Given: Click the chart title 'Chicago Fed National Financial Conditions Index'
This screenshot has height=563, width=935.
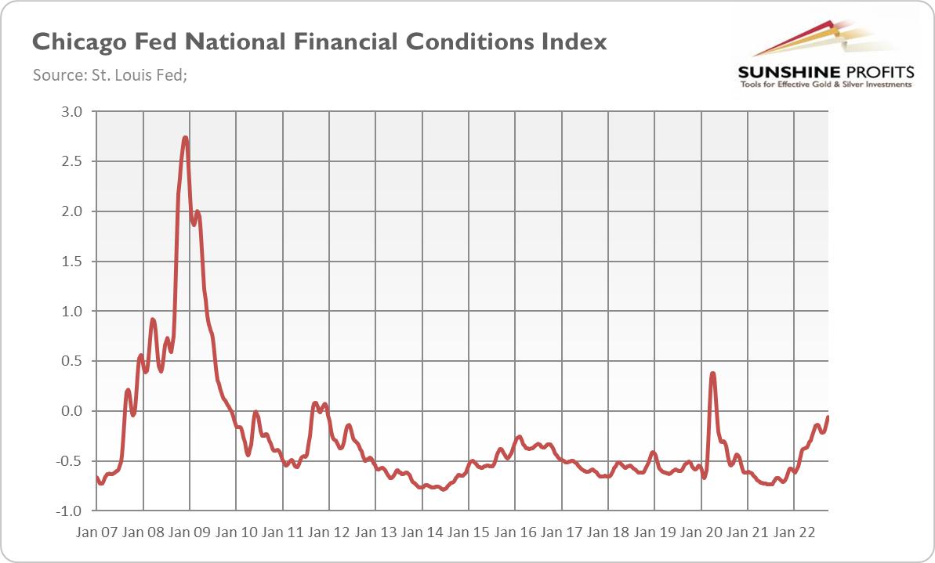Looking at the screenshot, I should (x=319, y=42).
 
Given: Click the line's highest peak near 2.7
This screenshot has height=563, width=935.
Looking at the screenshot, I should (x=185, y=138).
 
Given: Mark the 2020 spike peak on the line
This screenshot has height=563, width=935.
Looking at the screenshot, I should (x=712, y=373).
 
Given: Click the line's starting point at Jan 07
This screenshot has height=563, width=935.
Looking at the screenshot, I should (x=96, y=477).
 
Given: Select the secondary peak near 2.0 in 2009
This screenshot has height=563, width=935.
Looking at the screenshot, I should (x=198, y=211).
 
